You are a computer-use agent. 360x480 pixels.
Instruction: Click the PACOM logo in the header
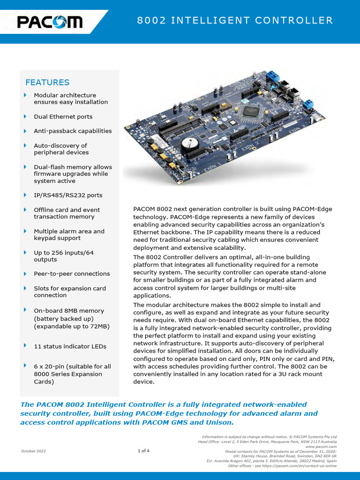pos(50,22)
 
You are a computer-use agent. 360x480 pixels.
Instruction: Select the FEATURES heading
pos(47,82)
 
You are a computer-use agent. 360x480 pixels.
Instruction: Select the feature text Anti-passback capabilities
pos(73,131)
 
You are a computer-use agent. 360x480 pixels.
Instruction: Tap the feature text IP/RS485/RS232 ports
pos(68,195)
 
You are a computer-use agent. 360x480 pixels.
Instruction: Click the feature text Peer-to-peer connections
pos(72,274)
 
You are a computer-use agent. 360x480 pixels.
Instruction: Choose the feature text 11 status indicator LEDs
pos(70,346)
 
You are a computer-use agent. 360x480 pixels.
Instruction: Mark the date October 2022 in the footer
pos(33,451)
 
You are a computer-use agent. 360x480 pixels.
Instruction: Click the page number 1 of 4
pos(143,451)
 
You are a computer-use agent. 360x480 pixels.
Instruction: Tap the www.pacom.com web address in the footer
pos(323,447)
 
